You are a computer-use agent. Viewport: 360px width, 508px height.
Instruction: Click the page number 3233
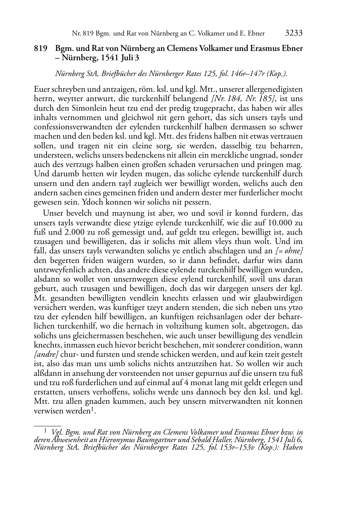pos(293,33)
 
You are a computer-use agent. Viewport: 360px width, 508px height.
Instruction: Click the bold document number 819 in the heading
pos(41,48)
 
